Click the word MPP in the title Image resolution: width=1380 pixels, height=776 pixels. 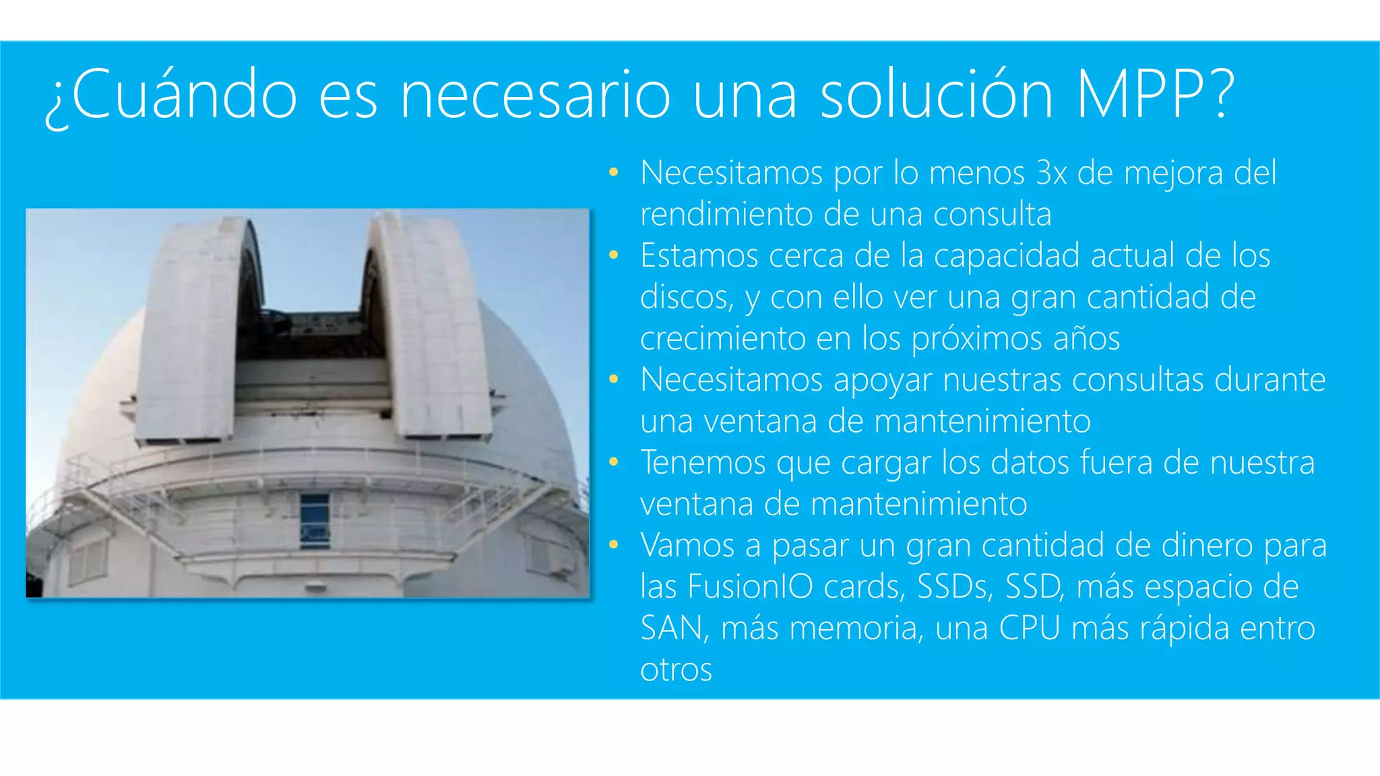click(x=1145, y=96)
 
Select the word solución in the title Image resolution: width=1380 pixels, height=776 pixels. click(x=937, y=96)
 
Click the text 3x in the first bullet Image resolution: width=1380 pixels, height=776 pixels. click(x=1051, y=173)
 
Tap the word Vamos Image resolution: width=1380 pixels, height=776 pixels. click(x=687, y=546)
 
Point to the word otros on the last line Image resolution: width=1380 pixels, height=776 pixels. click(x=676, y=670)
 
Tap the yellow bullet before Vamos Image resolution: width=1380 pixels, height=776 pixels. click(x=613, y=545)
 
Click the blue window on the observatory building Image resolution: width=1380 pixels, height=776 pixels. click(x=314, y=520)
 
